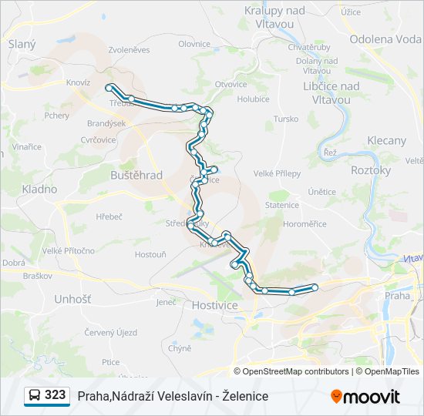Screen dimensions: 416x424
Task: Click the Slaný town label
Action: click(x=22, y=44)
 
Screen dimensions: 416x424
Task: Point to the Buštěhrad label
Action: click(x=136, y=175)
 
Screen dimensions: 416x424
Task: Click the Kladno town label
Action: click(x=39, y=189)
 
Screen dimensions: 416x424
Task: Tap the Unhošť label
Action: click(x=72, y=298)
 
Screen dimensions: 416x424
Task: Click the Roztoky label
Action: click(x=371, y=170)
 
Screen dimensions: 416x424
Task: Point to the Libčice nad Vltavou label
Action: click(x=332, y=92)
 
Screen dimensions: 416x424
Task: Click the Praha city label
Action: click(x=398, y=295)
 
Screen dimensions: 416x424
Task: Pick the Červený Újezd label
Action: click(x=111, y=333)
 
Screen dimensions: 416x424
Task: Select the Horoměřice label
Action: click(x=305, y=224)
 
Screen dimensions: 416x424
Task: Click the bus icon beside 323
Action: click(x=35, y=395)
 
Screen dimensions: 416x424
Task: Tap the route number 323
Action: click(x=55, y=395)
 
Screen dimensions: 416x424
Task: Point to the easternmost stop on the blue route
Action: click(x=315, y=287)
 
